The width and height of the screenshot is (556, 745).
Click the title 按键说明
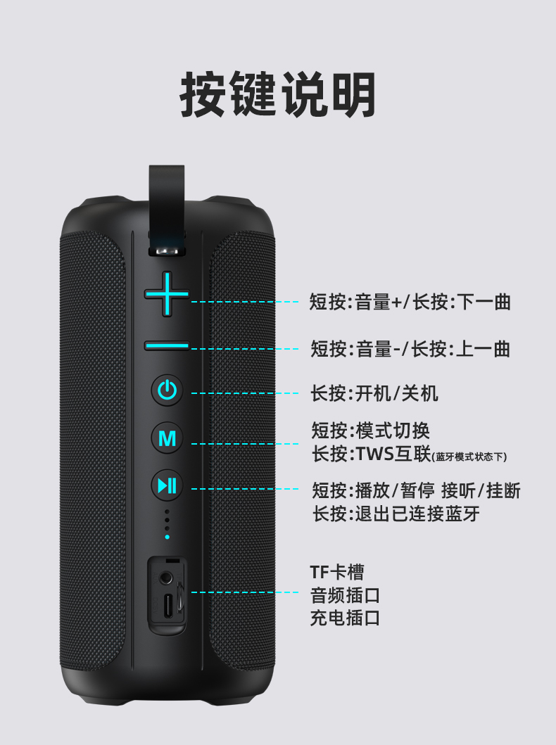tap(278, 94)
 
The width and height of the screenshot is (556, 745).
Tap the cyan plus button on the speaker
tap(167, 294)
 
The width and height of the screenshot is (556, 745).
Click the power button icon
tap(167, 390)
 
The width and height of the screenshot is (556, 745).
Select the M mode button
tap(167, 438)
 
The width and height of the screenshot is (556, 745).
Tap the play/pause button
tap(167, 485)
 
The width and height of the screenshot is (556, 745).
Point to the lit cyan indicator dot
tap(167, 537)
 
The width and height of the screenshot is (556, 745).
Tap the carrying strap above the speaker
tap(166, 200)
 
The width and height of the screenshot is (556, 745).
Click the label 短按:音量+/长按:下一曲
tap(410, 302)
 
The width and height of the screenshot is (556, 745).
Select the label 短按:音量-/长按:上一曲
tap(410, 349)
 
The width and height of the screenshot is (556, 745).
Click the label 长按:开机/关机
tap(374, 393)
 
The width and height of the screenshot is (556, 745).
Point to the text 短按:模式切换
tap(371, 431)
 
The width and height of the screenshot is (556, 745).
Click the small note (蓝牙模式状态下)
tap(469, 457)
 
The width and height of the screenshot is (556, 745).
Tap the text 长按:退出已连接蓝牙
tap(396, 514)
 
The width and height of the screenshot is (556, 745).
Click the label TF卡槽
tap(337, 572)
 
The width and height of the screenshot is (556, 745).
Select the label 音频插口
tap(345, 595)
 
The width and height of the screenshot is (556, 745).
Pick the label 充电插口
tap(345, 618)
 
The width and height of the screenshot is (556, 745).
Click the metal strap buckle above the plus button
tap(167, 250)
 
